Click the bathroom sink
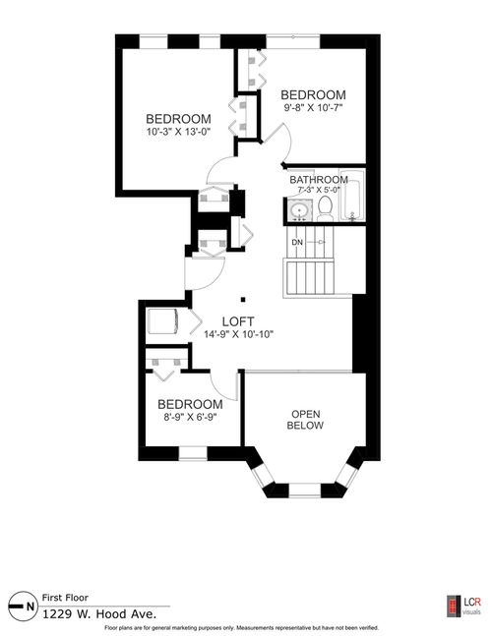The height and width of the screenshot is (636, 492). [299, 208]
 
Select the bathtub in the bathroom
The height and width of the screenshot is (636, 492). [353, 198]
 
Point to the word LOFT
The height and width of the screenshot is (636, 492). [237, 320]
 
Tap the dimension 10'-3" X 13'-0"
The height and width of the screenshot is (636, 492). [178, 131]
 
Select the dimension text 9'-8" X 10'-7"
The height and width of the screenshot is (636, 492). [316, 108]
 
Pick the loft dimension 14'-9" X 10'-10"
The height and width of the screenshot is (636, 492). [238, 334]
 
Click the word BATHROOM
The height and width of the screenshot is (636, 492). [318, 179]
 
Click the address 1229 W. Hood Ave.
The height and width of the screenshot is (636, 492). [90, 612]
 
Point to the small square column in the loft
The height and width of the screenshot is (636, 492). [243, 300]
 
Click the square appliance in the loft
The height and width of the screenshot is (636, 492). [160, 322]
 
